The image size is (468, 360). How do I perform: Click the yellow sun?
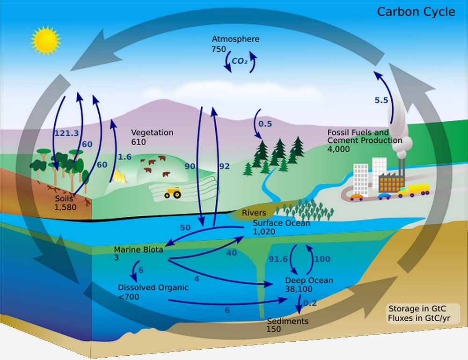[x=46, y=41]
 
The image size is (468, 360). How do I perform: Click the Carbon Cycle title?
[x=416, y=12]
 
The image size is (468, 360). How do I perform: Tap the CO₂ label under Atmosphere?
[x=240, y=61]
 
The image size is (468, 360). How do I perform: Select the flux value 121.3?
[x=66, y=133]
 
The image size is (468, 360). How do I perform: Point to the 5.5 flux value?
[x=381, y=100]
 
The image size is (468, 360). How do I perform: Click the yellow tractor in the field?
[x=173, y=192]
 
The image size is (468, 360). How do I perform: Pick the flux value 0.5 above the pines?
[x=265, y=124]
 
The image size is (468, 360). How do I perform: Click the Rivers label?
[x=254, y=213]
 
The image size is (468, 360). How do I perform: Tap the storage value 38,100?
[x=299, y=289]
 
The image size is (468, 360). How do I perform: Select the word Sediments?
[x=287, y=321]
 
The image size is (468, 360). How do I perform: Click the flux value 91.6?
[x=278, y=259]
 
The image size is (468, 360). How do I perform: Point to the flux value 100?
[x=322, y=259]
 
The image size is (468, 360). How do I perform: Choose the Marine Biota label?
[x=139, y=250]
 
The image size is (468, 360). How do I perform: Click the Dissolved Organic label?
[x=153, y=287]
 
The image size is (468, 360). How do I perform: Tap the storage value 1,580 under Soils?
[x=66, y=207]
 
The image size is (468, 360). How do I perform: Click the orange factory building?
[x=391, y=182]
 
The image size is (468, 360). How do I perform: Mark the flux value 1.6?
[x=125, y=157]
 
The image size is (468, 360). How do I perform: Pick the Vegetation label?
[x=152, y=132]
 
